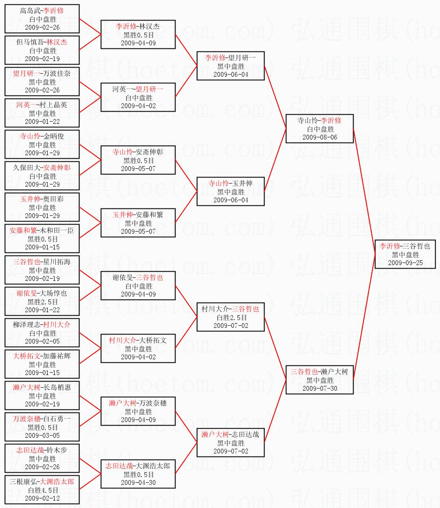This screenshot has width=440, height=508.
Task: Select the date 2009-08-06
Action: click(320, 137)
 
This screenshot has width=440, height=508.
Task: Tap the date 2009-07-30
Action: click(320, 389)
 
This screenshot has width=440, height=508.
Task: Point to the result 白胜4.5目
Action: click(42, 490)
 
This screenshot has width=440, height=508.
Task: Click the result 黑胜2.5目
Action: click(42, 301)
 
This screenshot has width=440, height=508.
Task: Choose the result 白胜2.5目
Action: click(230, 317)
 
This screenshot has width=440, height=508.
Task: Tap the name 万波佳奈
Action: click(55, 74)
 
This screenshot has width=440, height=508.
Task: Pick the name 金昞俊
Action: click(55, 136)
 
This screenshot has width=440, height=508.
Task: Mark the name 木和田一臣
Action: click(55, 231)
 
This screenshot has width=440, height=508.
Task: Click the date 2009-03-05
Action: click(42, 436)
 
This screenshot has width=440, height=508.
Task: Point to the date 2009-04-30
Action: click(138, 483)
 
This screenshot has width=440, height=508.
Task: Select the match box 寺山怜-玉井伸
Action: click(230, 191)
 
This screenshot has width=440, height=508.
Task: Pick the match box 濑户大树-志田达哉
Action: click(230, 443)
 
